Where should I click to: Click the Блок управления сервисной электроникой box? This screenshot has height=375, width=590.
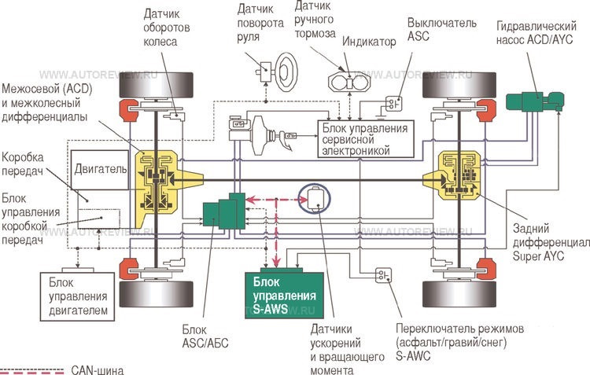[x=361, y=138]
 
